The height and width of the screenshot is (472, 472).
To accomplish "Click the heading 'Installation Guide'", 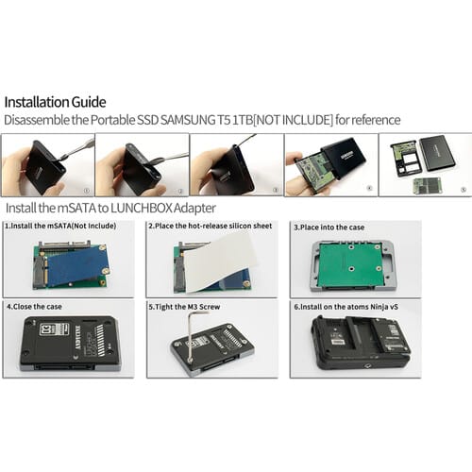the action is pyautogui.click(x=55, y=102).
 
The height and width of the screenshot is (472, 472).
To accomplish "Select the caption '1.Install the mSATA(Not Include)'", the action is pyautogui.click(x=60, y=226).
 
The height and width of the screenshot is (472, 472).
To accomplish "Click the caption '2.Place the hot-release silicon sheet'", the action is pyautogui.click(x=211, y=226).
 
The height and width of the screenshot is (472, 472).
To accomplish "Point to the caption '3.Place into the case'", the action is pyautogui.click(x=329, y=228).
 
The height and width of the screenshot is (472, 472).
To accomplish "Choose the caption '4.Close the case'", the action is pyautogui.click(x=34, y=307).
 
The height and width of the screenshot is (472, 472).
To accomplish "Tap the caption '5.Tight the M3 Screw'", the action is pyautogui.click(x=184, y=307).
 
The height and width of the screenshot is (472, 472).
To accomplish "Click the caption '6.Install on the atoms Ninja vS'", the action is pyautogui.click(x=346, y=307).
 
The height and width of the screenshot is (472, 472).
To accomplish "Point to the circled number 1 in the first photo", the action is pyautogui.click(x=87, y=191).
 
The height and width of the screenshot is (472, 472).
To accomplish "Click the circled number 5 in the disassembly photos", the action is pyautogui.click(x=464, y=190).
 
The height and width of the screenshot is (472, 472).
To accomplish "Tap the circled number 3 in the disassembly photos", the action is pyautogui.click(x=276, y=190).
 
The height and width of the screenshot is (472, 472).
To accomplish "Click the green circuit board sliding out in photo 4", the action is pyautogui.click(x=315, y=171).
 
